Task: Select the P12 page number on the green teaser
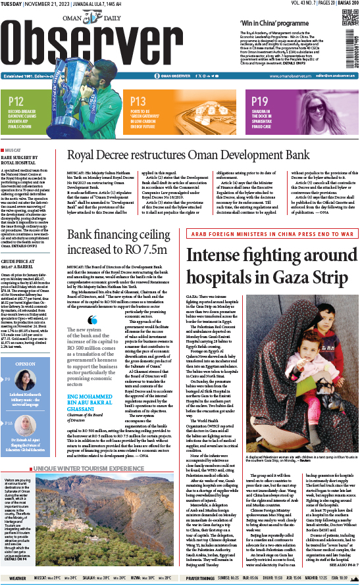click(17, 101)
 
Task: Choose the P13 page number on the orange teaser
click(138, 101)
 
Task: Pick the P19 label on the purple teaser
click(259, 101)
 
